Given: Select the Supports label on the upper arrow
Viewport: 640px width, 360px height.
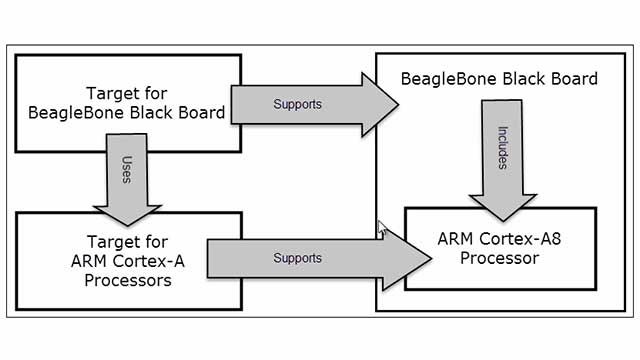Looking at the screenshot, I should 297,104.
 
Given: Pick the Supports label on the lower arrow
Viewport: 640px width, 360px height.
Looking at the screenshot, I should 297,257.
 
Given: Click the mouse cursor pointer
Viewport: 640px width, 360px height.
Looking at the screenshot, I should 381,229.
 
